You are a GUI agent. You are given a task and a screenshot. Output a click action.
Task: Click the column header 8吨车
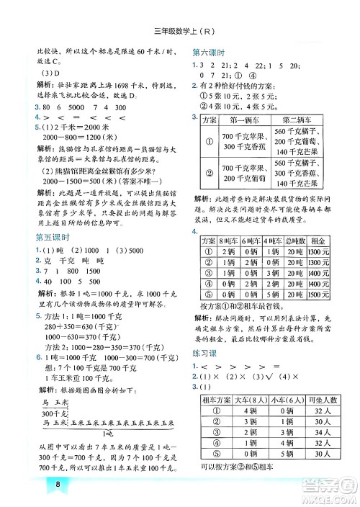[x=230, y=260]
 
